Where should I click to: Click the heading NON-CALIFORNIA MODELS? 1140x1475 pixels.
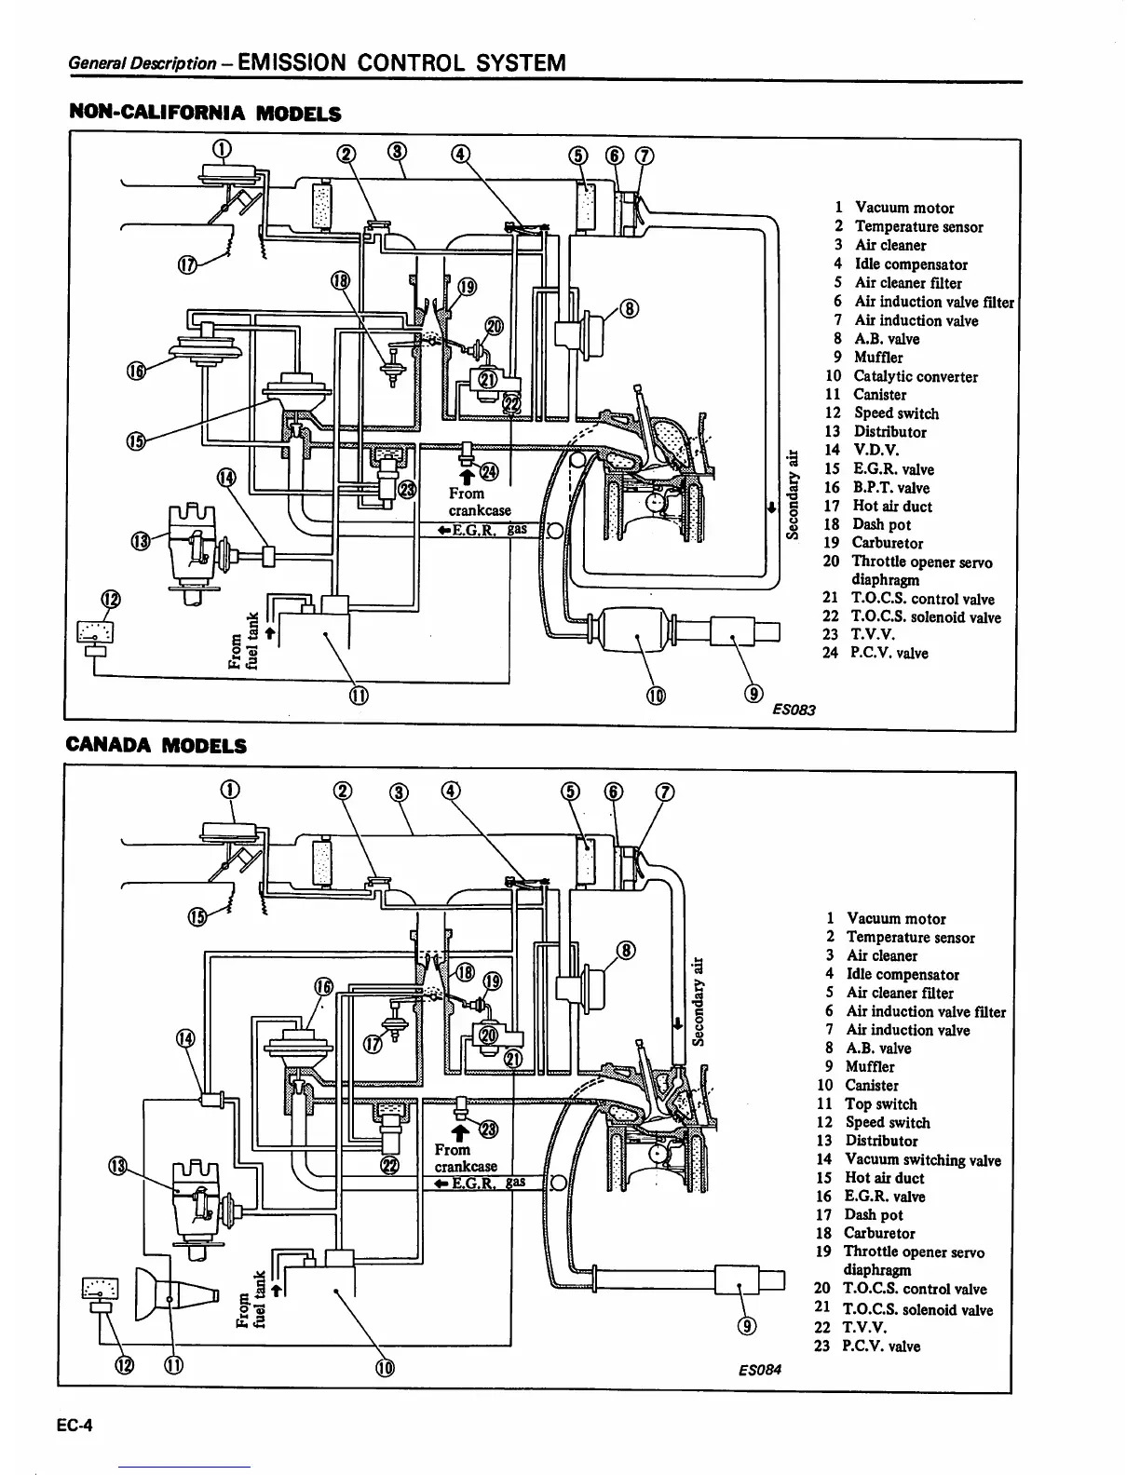(x=206, y=115)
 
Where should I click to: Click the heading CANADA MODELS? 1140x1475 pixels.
(x=157, y=746)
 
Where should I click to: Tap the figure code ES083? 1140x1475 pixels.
(x=794, y=710)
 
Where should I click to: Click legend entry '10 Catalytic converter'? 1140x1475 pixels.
(x=901, y=377)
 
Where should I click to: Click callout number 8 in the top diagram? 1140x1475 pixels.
(x=631, y=308)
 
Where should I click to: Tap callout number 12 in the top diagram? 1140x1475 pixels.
(x=110, y=599)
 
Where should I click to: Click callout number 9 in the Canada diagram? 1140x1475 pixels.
(x=744, y=1326)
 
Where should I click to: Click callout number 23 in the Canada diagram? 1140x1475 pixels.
(x=486, y=1129)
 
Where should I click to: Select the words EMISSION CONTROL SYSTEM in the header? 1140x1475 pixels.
(x=401, y=63)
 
